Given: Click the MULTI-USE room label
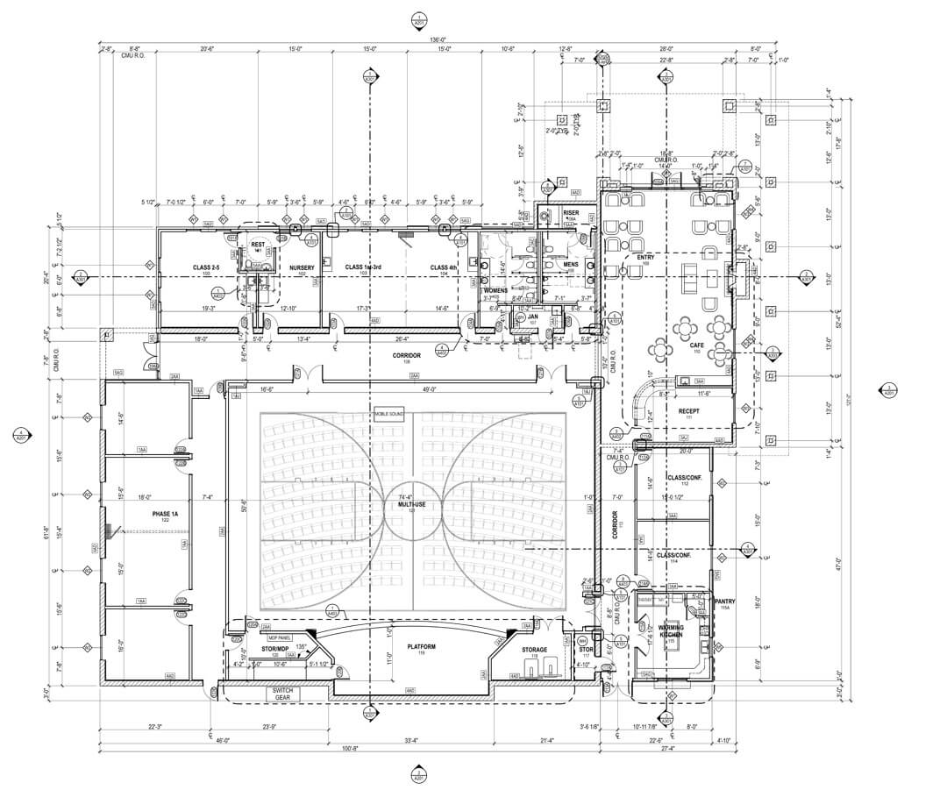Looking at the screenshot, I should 405,505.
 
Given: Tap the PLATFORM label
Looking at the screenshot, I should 421,647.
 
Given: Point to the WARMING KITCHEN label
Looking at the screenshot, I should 671,630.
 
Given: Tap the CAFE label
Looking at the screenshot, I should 696,346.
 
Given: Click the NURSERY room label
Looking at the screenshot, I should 302,267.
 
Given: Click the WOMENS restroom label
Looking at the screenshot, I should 495,290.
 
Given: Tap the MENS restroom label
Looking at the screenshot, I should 570,264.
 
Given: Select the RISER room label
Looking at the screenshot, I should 571,213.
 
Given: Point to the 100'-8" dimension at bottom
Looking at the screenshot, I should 351,748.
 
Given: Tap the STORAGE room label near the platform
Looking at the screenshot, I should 534,650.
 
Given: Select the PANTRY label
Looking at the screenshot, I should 724,601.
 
